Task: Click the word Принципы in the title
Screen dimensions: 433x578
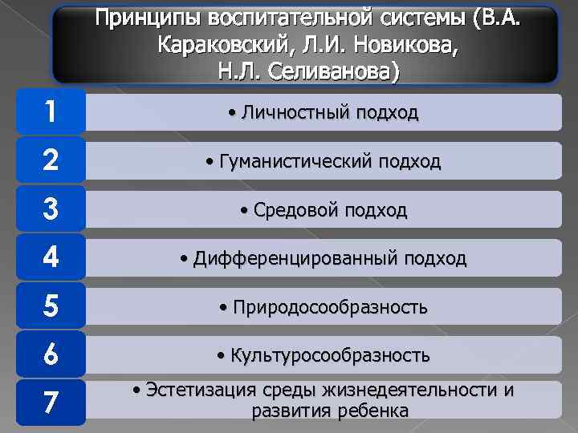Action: [x=149, y=18]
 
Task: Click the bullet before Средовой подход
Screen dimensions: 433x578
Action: [x=244, y=212]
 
